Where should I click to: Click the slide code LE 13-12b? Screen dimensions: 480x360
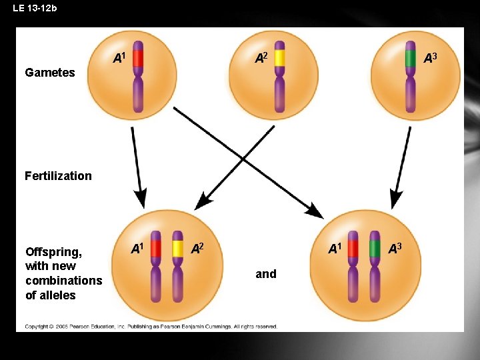tap(35, 8)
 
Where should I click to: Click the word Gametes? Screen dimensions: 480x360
tap(49, 73)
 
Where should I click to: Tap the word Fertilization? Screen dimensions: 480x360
tap(58, 176)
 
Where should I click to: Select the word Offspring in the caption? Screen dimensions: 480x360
tap(53, 252)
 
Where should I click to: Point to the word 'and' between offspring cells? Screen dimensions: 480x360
tap(265, 274)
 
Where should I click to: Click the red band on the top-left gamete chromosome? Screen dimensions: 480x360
tap(138, 58)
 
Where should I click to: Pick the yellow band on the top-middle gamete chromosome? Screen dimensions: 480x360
tap(279, 58)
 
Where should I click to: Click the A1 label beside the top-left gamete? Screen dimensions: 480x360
tap(119, 59)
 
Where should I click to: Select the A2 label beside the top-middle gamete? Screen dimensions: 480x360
tap(261, 59)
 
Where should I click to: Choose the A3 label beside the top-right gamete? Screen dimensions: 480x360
tap(430, 59)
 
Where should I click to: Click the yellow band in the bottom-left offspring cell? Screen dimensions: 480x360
tap(177, 249)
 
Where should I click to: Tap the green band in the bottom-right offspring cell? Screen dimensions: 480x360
tap(375, 249)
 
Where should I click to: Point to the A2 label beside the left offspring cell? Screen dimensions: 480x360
tap(197, 249)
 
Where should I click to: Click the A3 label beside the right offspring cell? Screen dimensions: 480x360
tap(395, 249)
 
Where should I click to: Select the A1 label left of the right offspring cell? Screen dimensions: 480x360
tap(335, 249)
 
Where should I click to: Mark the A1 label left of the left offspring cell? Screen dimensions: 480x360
tap(137, 249)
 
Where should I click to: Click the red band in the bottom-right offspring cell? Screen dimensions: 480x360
tap(353, 249)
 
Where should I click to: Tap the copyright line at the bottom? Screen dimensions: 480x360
tap(151, 327)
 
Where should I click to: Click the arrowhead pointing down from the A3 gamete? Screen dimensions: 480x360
tap(396, 199)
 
